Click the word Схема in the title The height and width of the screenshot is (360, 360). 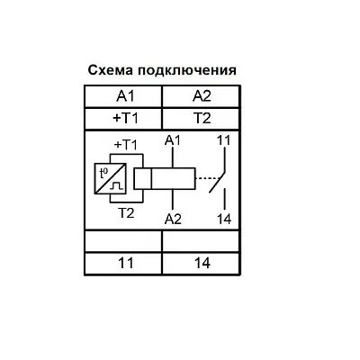coord(111,70)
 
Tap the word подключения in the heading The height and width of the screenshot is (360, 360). coord(187,71)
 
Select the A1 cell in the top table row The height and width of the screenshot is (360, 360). coord(123,96)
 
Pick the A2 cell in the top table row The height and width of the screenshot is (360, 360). coord(202,96)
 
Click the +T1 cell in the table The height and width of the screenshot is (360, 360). coord(123,119)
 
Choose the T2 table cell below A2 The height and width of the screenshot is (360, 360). coord(202,119)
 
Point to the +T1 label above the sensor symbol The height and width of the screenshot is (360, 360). coord(126,145)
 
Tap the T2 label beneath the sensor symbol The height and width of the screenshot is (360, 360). coord(126,213)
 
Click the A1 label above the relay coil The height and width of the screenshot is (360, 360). coord(173,140)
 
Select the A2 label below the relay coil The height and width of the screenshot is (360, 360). coord(173,220)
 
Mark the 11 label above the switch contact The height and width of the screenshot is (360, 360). coord(223,140)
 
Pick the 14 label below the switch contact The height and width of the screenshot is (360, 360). coord(224,220)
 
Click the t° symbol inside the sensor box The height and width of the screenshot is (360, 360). coord(103,173)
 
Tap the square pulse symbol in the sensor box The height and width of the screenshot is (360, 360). coord(117,186)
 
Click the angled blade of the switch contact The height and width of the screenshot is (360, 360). coord(217,182)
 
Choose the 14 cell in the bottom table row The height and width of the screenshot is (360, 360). coord(202,264)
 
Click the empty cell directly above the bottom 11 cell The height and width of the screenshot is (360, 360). coord(123,241)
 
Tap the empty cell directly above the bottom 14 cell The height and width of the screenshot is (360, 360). coord(202,241)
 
